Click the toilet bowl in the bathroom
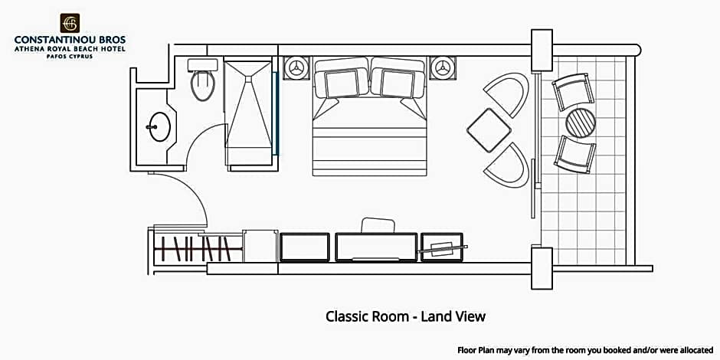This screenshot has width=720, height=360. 202,86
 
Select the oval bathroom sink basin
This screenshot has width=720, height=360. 160,126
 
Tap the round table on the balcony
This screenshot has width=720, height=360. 581,123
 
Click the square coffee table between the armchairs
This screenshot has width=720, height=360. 489,130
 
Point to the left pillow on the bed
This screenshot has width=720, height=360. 341,83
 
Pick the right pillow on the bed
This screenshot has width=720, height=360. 398,83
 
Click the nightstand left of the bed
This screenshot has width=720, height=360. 296,68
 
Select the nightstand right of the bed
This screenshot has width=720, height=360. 443,68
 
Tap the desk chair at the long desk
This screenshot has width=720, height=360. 378,225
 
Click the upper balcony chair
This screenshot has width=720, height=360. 573,92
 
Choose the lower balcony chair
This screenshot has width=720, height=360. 574,154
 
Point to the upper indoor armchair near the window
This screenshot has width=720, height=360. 507,94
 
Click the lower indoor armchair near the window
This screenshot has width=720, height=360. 507,165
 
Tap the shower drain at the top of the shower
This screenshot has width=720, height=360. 248,79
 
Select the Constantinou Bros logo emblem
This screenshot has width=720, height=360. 70,23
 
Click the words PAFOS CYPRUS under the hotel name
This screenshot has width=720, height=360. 70,57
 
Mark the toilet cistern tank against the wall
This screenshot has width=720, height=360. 202,65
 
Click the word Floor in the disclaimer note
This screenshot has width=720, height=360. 467,350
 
